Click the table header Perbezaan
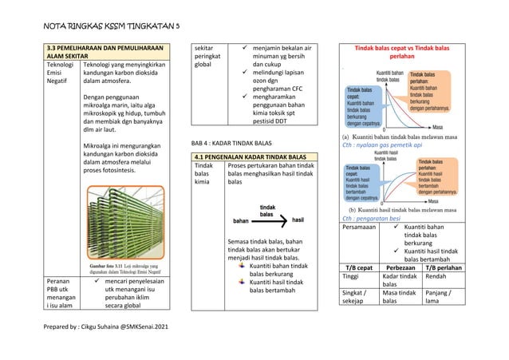[400, 266]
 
